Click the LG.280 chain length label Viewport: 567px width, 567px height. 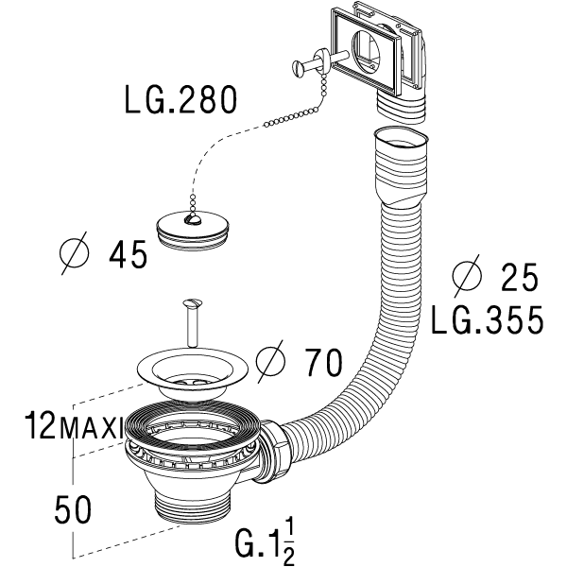(180, 100)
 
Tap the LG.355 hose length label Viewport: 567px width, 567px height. (487, 320)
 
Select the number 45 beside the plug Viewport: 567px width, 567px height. (129, 254)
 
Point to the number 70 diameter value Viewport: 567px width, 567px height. (323, 362)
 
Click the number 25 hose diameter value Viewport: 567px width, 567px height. (520, 277)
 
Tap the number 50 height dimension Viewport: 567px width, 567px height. (73, 509)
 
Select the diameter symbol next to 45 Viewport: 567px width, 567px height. (74, 253)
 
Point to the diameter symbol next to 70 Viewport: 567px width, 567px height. (270, 362)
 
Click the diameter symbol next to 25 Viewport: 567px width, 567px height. (467, 276)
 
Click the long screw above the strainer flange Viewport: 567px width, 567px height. (193, 323)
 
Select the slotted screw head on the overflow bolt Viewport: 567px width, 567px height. (297, 66)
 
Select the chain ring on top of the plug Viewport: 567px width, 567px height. (191, 218)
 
